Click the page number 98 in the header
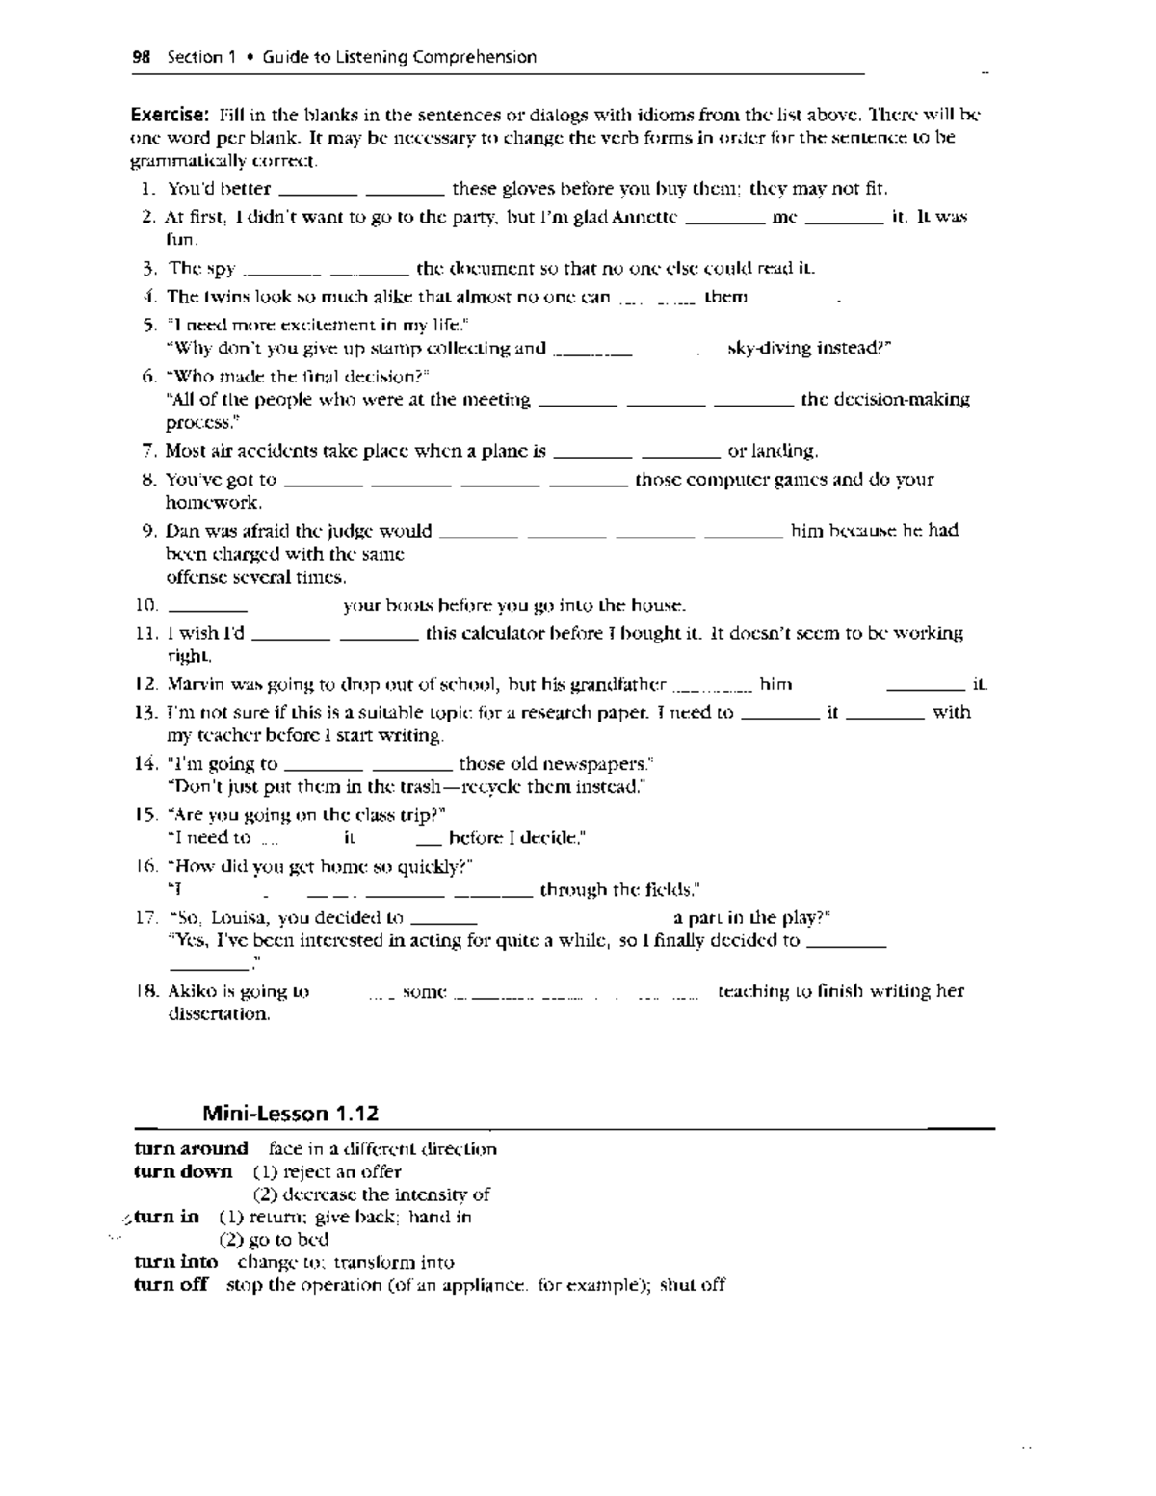pyautogui.click(x=142, y=57)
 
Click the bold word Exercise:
pyautogui.click(x=171, y=115)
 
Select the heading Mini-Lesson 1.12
pyautogui.click(x=290, y=1114)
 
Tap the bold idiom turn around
pyautogui.click(x=191, y=1148)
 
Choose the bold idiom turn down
pyautogui.click(x=183, y=1171)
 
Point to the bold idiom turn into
pyautogui.click(x=175, y=1262)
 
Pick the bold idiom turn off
pyautogui.click(x=171, y=1284)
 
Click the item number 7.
pyautogui.click(x=148, y=451)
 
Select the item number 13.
pyautogui.click(x=145, y=713)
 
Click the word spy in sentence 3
pyautogui.click(x=221, y=269)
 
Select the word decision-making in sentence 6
pyautogui.click(x=884, y=399)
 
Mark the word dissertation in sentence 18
pyautogui.click(x=218, y=1014)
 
